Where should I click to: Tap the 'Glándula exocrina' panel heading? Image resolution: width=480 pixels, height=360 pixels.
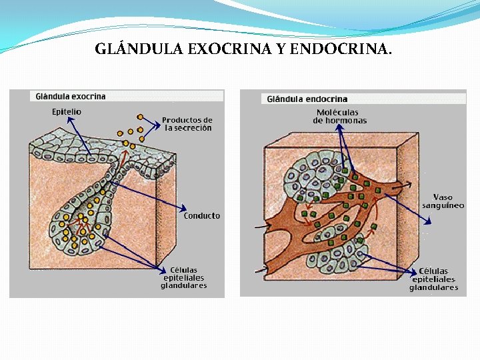[70, 97]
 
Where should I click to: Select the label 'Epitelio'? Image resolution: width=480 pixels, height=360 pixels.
[67, 112]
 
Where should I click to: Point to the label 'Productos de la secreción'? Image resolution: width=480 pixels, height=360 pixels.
[187, 124]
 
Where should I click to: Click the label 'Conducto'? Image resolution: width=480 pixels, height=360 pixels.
[202, 216]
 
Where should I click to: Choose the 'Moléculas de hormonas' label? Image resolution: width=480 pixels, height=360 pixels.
[339, 117]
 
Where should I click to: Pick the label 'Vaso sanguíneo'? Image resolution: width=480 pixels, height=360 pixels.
[443, 201]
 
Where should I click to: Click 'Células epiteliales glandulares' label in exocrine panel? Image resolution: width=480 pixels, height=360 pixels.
[184, 278]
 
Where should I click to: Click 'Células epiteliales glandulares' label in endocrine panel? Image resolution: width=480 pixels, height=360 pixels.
[433, 280]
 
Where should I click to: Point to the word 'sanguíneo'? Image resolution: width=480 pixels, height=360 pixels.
[443, 206]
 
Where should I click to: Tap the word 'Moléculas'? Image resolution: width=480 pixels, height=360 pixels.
[337, 113]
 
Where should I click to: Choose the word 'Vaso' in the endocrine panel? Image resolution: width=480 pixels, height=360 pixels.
[443, 197]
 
